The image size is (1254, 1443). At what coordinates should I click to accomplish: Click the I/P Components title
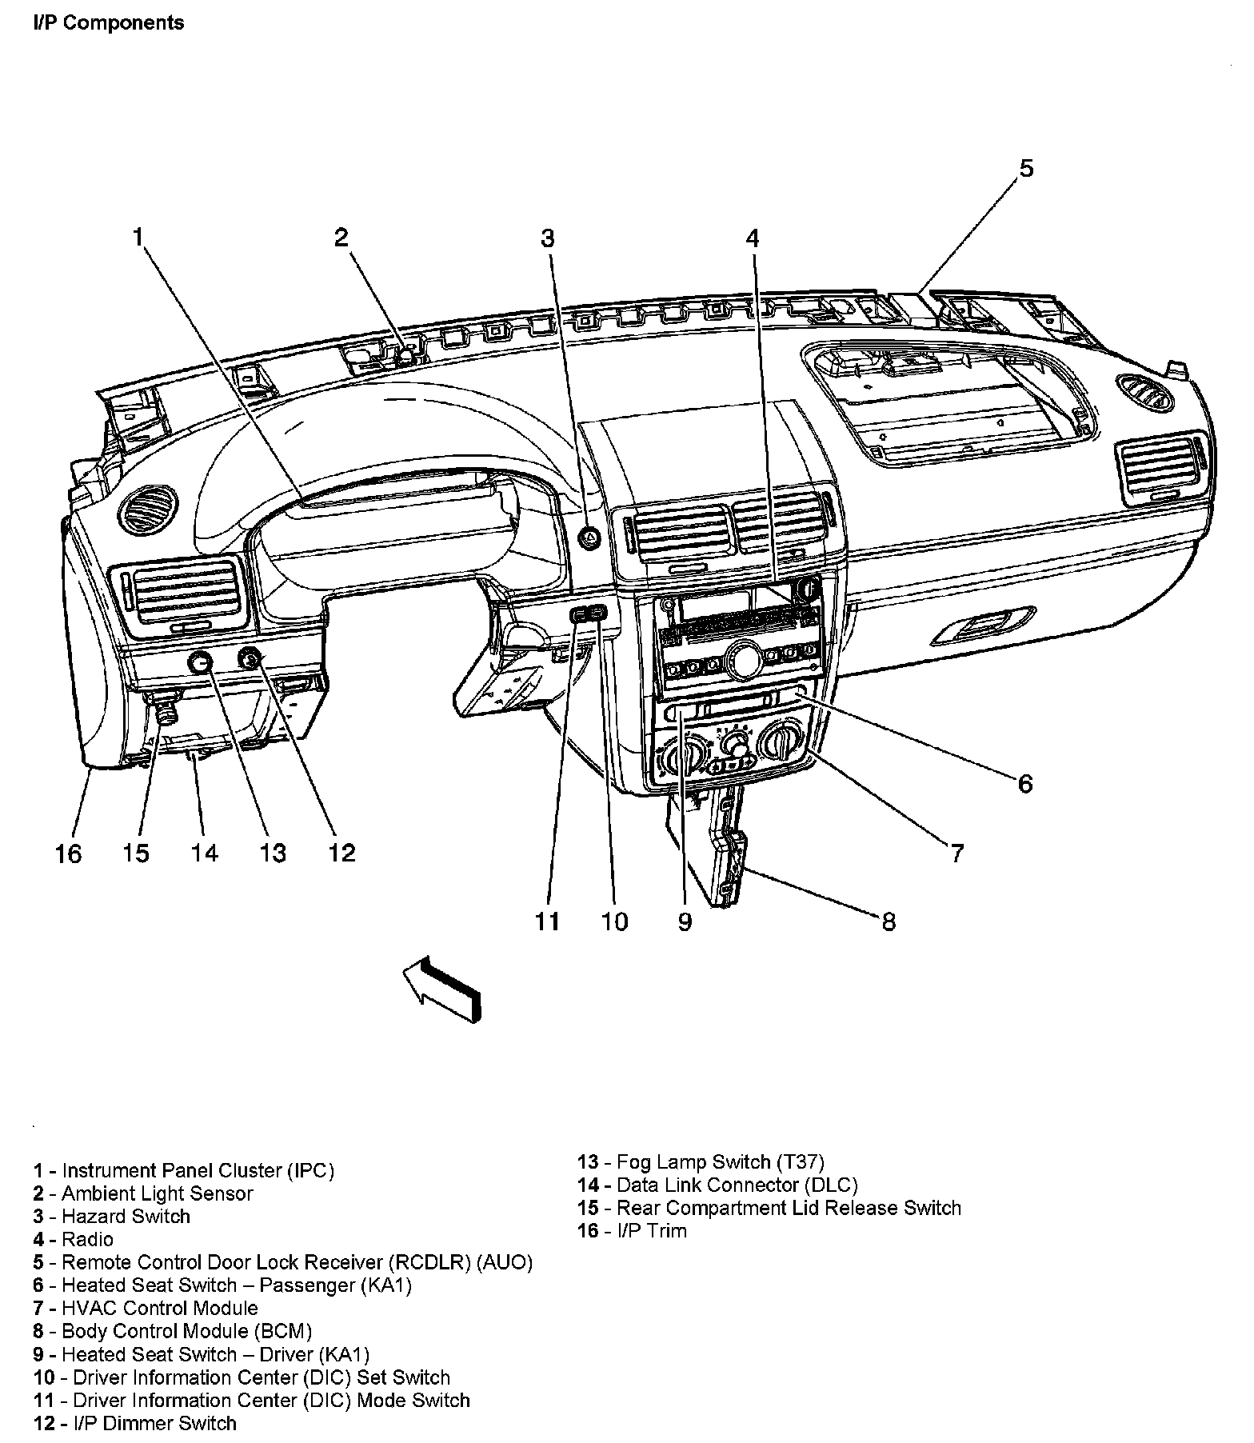tap(109, 23)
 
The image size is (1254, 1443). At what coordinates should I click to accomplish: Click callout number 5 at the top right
tap(1026, 168)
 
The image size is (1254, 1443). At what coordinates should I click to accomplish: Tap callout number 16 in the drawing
tap(69, 853)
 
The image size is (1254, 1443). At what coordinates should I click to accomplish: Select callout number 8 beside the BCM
tap(889, 922)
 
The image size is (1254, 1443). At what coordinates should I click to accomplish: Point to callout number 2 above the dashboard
tap(341, 238)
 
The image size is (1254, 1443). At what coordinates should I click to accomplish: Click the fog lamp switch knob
tap(200, 662)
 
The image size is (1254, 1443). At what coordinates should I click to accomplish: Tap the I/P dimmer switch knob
tap(250, 658)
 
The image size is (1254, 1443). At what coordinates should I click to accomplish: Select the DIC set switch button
tap(598, 614)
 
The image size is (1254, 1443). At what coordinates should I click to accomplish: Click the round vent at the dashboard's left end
tap(143, 510)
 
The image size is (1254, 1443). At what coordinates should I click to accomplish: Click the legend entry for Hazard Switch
tap(112, 1217)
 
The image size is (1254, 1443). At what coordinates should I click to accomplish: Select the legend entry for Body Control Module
tap(173, 1331)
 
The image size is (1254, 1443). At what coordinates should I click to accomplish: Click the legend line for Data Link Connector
tap(717, 1185)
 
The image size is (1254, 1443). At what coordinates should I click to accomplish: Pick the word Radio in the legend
tap(87, 1240)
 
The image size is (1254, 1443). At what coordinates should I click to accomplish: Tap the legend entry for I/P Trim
tap(632, 1230)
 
